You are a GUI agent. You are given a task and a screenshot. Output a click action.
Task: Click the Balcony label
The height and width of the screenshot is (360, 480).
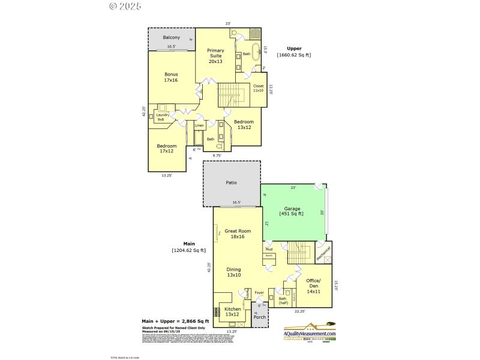(x=171, y=38)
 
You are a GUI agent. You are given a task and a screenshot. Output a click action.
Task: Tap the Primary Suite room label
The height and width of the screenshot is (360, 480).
(x=215, y=55)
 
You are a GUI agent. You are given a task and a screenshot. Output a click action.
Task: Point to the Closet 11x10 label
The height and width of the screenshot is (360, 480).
(x=259, y=88)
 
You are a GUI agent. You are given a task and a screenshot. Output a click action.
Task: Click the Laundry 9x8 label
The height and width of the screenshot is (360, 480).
(x=163, y=117)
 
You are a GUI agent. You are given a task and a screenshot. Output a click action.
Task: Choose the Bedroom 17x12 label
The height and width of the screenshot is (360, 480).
(x=167, y=149)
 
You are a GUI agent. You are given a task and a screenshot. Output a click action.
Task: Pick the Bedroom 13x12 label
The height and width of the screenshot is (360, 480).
(x=244, y=124)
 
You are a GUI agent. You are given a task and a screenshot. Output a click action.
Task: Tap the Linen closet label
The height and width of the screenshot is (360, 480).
(x=207, y=125)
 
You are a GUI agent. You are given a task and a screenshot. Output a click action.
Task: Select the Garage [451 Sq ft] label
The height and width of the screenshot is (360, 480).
(x=292, y=211)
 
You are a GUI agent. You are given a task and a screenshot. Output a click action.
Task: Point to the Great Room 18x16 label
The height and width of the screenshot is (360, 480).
(x=238, y=233)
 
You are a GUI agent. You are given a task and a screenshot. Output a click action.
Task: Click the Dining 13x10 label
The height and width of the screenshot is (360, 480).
(x=233, y=272)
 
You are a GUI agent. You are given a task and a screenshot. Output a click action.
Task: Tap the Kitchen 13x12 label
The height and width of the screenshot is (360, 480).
(x=232, y=312)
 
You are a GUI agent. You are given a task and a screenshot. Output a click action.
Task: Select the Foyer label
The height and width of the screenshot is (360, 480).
(x=259, y=293)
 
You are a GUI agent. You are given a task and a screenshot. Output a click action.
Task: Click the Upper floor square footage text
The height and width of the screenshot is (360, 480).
(x=293, y=55)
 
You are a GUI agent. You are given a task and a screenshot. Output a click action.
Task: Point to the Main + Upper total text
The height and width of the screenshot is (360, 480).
(x=175, y=322)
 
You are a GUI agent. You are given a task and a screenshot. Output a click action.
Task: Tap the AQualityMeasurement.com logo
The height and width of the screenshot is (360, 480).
(x=310, y=335)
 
